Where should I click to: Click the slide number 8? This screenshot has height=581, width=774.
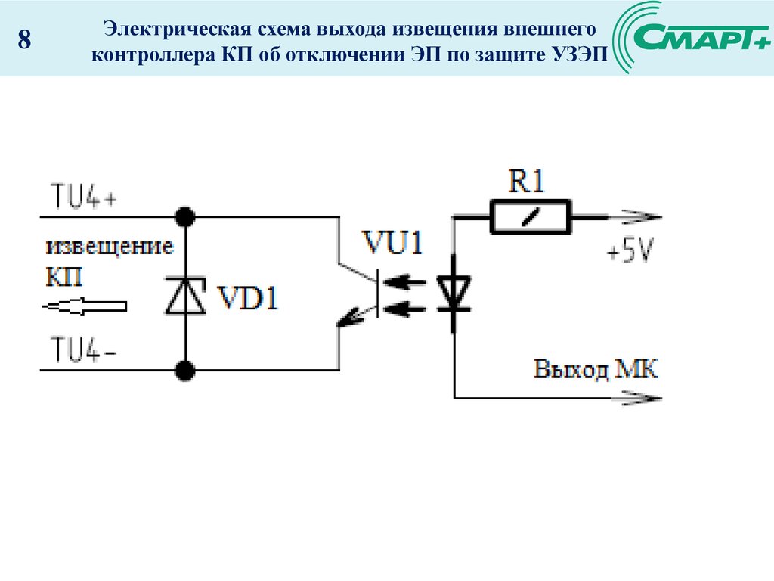(x=24, y=40)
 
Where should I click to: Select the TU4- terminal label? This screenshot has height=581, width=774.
(x=82, y=350)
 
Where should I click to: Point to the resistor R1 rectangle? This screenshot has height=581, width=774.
(x=531, y=217)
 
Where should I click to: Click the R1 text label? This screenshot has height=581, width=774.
(x=526, y=182)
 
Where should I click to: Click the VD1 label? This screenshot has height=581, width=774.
(x=247, y=298)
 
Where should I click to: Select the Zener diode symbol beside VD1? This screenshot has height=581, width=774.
(x=185, y=295)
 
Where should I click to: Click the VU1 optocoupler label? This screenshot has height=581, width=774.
(x=392, y=244)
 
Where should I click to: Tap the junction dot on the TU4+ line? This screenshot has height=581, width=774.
(x=185, y=217)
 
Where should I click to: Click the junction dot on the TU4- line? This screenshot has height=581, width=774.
(x=185, y=370)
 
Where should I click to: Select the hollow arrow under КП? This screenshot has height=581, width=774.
(x=84, y=306)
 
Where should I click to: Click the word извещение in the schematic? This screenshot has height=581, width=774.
(x=110, y=247)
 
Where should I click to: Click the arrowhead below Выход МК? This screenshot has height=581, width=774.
(x=642, y=397)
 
